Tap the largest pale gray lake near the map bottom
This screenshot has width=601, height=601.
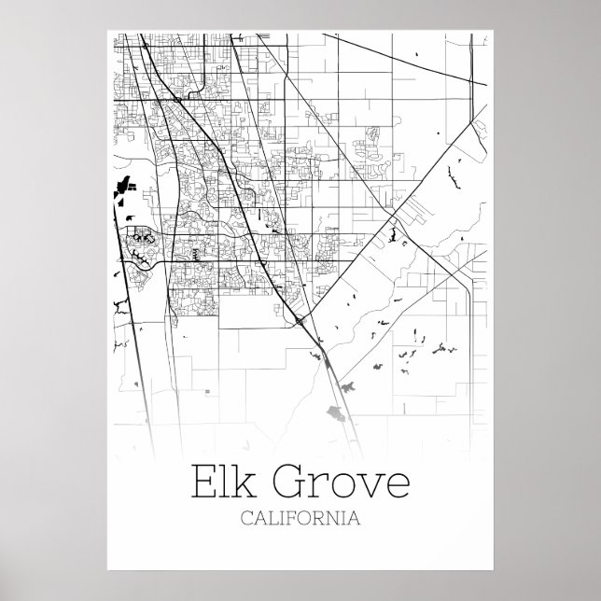[x=333, y=413]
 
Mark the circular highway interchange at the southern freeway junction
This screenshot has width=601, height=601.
[x=299, y=321]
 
